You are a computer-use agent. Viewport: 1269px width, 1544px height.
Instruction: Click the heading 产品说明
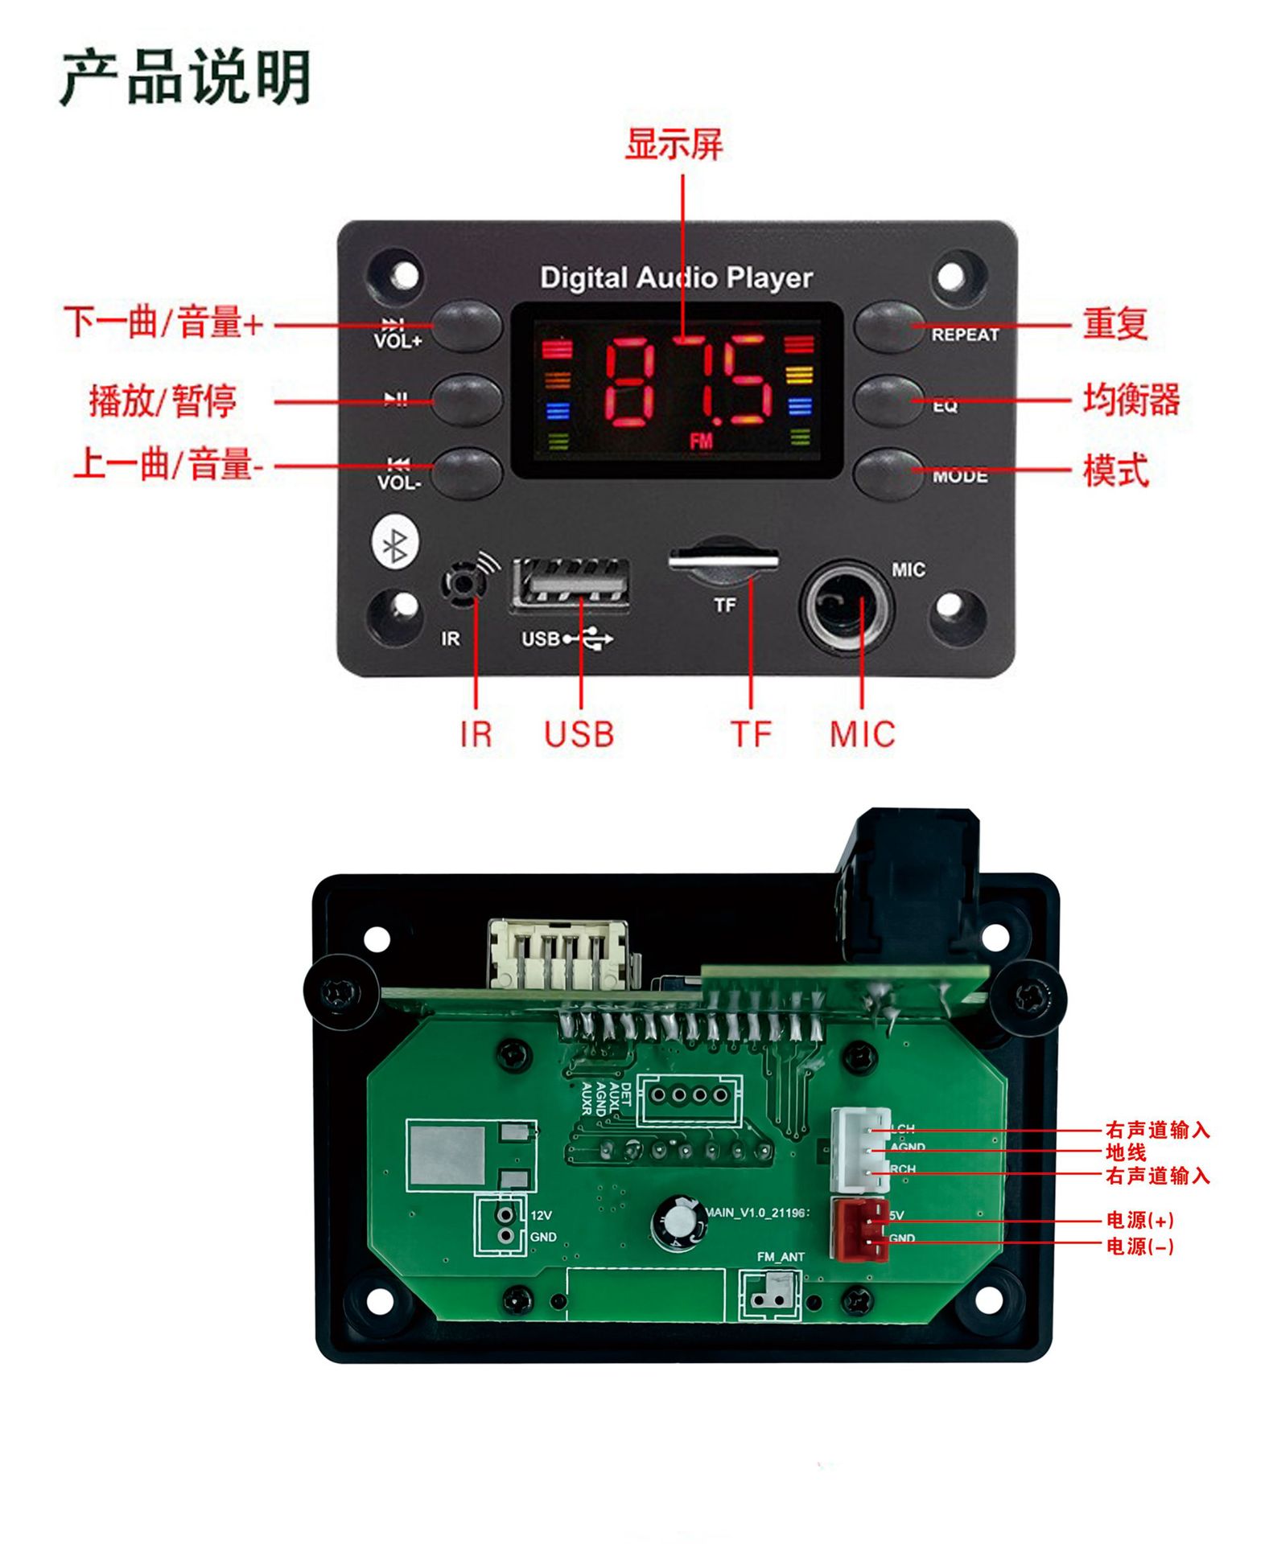pyautogui.click(x=186, y=78)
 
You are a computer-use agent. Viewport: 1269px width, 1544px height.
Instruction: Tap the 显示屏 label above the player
pyautogui.click(x=674, y=145)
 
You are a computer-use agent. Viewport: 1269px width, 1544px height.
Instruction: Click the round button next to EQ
pyautogui.click(x=888, y=397)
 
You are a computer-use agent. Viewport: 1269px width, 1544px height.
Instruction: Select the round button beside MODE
pyautogui.click(x=888, y=471)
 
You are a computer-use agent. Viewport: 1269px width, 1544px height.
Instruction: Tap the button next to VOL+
pyautogui.click(x=467, y=326)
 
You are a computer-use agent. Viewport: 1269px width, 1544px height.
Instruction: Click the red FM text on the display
pyautogui.click(x=701, y=441)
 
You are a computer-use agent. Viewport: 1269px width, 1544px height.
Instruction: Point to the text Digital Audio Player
pyautogui.click(x=676, y=278)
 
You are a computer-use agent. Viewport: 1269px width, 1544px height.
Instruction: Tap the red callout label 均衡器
pyautogui.click(x=1131, y=400)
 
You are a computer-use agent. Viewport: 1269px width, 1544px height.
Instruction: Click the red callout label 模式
pyautogui.click(x=1115, y=470)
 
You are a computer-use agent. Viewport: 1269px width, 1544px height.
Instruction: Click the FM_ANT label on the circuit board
pyautogui.click(x=780, y=1256)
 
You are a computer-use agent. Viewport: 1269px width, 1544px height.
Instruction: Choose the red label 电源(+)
pyautogui.click(x=1139, y=1220)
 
